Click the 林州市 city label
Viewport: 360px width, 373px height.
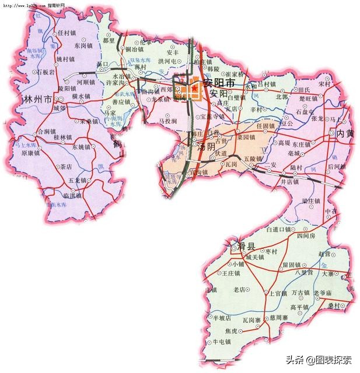34,98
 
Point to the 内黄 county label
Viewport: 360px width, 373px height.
346,133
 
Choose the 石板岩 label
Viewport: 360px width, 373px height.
46,72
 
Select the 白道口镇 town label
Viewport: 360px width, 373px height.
278,230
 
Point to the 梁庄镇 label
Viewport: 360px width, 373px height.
311,200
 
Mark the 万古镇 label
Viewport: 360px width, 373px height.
300,292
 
